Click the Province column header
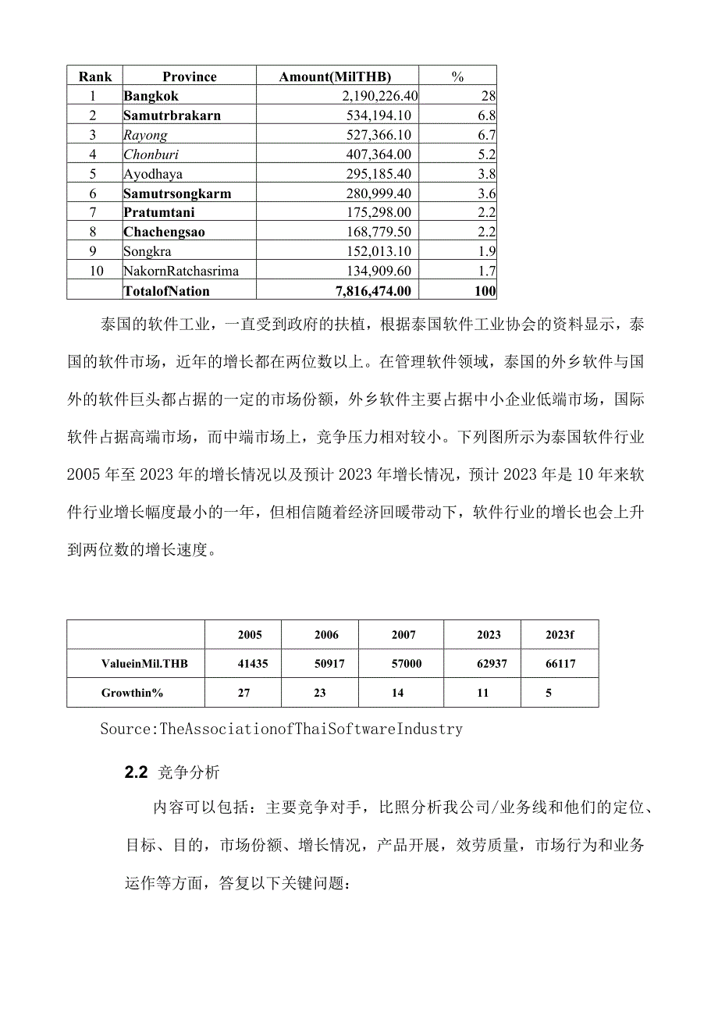(190, 76)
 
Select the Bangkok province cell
(151, 96)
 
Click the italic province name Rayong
(145, 135)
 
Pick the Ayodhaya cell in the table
(153, 174)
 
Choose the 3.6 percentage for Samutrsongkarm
(486, 193)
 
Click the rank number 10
(94, 271)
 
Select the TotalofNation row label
(166, 291)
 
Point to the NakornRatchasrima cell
(181, 271)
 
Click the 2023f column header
(560, 635)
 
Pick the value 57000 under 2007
(404, 665)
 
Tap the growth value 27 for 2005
(243, 693)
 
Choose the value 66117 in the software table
(560, 665)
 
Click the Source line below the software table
(282, 729)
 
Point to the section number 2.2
(136, 773)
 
